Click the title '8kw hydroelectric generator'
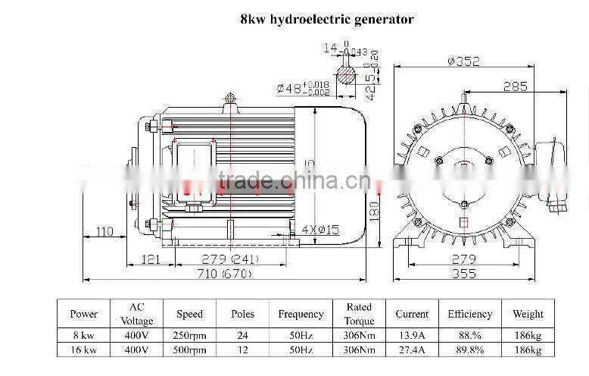[327, 19]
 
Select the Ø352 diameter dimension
[463, 62]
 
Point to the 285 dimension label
[515, 86]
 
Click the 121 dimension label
[151, 260]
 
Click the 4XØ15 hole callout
[319, 229]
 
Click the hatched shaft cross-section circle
[346, 77]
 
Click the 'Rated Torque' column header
[359, 314]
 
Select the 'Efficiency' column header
[469, 314]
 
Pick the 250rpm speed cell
[190, 334]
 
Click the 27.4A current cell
[412, 349]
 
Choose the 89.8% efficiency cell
[469, 349]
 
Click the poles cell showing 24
[242, 334]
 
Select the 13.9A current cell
[412, 334]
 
